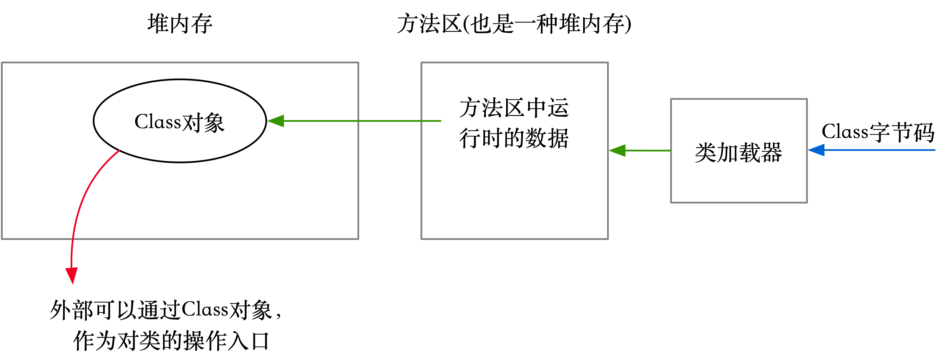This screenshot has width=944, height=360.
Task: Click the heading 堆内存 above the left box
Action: click(x=179, y=24)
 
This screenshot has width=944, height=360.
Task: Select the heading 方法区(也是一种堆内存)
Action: click(x=514, y=24)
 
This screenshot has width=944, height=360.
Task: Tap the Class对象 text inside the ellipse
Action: click(x=179, y=122)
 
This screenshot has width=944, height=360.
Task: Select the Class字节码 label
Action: click(x=878, y=132)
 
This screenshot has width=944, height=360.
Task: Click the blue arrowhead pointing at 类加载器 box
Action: click(x=816, y=150)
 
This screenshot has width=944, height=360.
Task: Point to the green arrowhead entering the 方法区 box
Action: click(x=618, y=150)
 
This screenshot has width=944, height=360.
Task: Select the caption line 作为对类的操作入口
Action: click(x=171, y=341)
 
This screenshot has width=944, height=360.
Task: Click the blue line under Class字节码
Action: click(x=879, y=150)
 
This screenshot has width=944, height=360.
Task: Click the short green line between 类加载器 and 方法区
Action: click(x=649, y=150)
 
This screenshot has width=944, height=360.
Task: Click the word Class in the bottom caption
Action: click(x=205, y=310)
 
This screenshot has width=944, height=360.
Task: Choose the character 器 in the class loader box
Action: click(x=771, y=153)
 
